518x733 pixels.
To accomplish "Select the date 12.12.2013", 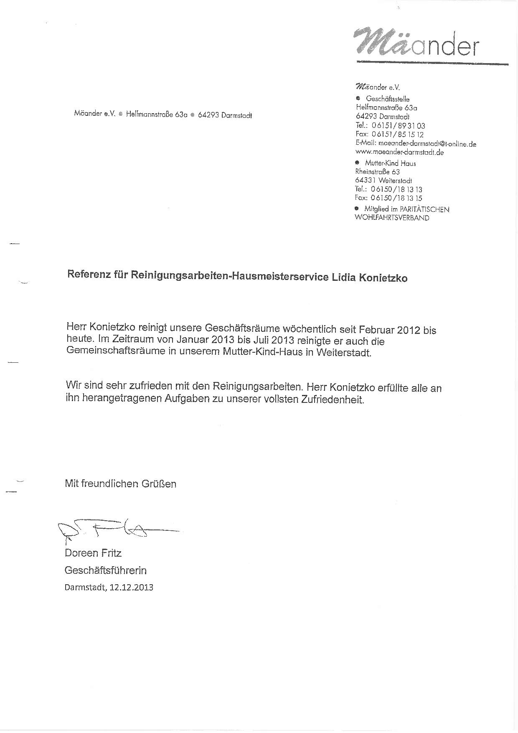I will click(x=131, y=587).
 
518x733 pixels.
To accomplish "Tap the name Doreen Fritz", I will click(x=93, y=553).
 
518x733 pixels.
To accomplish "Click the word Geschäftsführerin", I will click(x=105, y=570).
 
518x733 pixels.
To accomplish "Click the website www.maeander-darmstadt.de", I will click(x=399, y=152).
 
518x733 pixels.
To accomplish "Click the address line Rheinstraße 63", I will click(x=377, y=172).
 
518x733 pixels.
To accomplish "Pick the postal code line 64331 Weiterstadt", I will click(x=383, y=181).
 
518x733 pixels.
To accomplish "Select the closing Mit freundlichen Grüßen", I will click(x=120, y=484).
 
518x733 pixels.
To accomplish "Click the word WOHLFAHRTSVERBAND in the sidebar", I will click(x=391, y=218).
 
